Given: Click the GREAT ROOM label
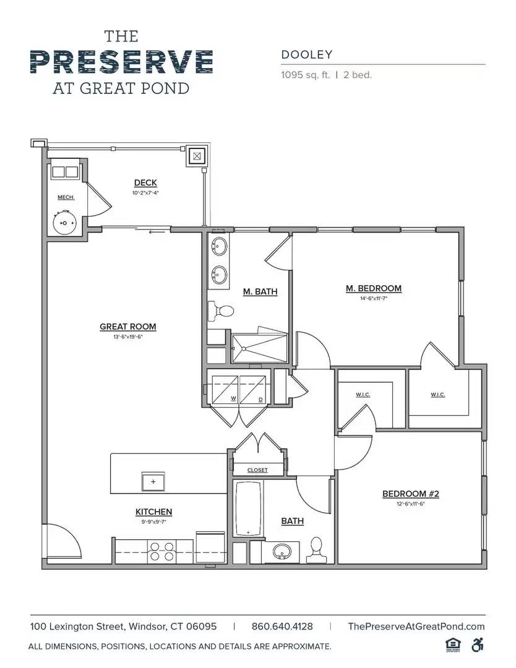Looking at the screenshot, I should click(x=127, y=327).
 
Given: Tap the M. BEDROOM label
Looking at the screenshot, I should click(x=373, y=288).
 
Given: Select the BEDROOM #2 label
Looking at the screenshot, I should click(x=410, y=494).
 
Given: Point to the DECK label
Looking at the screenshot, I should click(x=145, y=182).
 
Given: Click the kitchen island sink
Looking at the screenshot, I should click(x=153, y=481).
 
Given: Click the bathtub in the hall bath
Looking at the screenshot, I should click(x=248, y=508).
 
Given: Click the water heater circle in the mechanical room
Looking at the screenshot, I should click(x=65, y=222).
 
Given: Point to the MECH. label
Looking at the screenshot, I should click(x=66, y=197).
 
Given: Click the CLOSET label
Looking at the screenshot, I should click(x=257, y=470).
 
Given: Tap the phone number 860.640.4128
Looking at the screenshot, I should click(x=282, y=627).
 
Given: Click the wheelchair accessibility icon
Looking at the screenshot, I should click(x=477, y=644).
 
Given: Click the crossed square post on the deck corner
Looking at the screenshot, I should click(x=197, y=156).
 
